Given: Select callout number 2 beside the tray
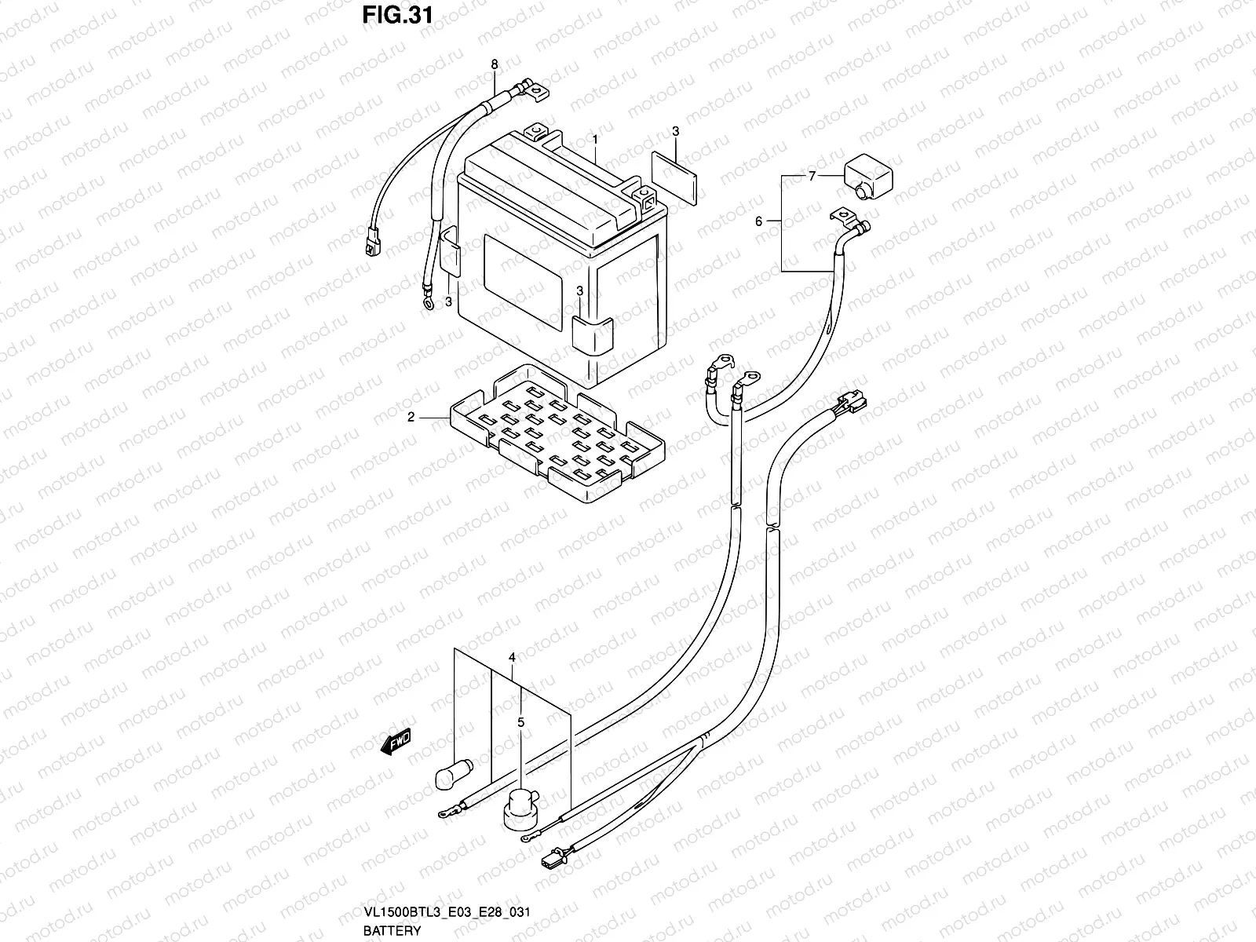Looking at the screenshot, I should (x=411, y=418).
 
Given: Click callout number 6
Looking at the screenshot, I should (x=758, y=222).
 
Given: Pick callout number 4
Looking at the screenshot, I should (x=511, y=656).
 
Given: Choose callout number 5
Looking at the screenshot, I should (x=519, y=721).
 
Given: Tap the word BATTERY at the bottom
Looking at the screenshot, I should (x=392, y=931).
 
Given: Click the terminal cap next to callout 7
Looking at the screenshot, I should (x=869, y=177).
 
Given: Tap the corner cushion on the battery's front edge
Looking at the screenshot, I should (x=593, y=336).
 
